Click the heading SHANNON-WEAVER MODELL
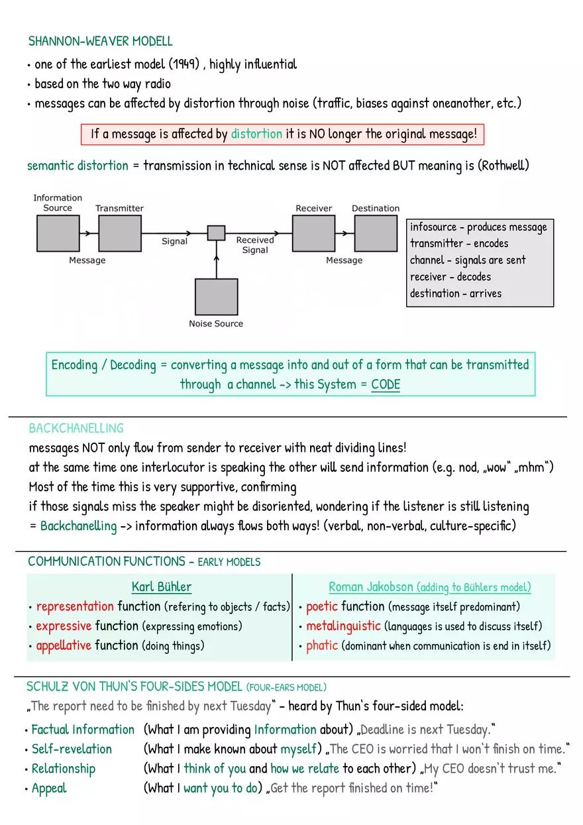click(x=100, y=41)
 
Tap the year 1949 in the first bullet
click(x=183, y=64)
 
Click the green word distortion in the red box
click(x=256, y=134)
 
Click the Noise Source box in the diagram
click(x=216, y=296)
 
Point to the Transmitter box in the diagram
click(x=120, y=233)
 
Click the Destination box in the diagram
click(x=376, y=233)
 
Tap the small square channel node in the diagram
click(x=216, y=233)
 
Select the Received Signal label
click(x=255, y=245)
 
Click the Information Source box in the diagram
click(x=58, y=233)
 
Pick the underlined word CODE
click(x=386, y=384)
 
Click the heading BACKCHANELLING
click(x=76, y=428)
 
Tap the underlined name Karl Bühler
click(x=162, y=586)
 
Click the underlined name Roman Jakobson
click(x=372, y=587)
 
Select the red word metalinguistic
click(x=343, y=626)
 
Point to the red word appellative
click(x=64, y=645)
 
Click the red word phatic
click(x=322, y=645)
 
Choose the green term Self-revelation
click(x=72, y=749)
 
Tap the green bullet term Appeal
click(x=49, y=789)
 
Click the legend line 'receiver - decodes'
click(x=450, y=276)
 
